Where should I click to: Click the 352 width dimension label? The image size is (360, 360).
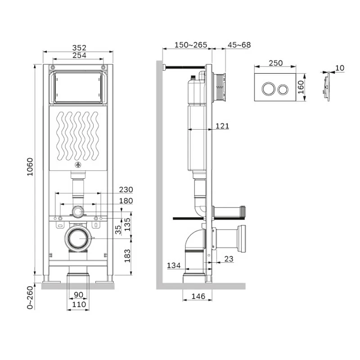pos(79,48)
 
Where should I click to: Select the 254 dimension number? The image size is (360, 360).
pos(79,55)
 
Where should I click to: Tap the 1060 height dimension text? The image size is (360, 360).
pos(30,167)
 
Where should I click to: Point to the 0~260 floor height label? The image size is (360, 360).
pos(30,297)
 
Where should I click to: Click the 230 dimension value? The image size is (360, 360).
pos(126,189)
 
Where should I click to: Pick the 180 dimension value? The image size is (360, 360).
pos(126,201)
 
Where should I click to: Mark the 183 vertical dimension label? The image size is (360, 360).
pos(127,256)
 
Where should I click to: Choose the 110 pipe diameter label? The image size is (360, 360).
pos(79,305)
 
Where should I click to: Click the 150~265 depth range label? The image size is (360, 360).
pos(190,45)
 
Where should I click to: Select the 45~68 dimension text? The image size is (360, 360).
pos(239,45)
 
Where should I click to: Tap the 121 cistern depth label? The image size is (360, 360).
pos(222,126)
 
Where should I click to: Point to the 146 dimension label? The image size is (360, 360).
pos(198,296)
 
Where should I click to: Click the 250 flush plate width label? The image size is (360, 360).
pos(275,63)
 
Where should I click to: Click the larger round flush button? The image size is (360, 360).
pos(268,89)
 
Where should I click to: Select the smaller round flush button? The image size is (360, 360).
pos(283,90)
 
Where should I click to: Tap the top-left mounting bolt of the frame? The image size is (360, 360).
pos(53,67)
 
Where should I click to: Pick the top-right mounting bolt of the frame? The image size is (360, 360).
pos(103,67)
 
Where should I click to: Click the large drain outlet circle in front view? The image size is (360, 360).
pos(78,239)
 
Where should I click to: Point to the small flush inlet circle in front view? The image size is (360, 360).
pos(78,211)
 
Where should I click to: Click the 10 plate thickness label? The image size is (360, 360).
pos(340,68)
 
